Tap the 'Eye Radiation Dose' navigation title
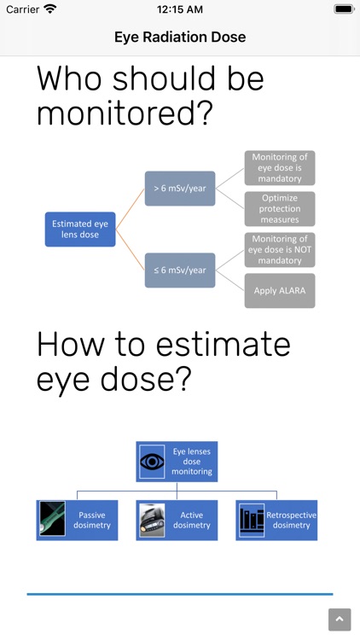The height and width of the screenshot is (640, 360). click(x=180, y=37)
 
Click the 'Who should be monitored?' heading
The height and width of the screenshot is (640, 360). click(x=150, y=96)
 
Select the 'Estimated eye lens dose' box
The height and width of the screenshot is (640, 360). click(x=80, y=229)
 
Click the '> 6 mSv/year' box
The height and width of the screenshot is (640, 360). click(x=180, y=188)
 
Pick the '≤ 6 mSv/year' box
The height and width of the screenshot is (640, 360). click(x=180, y=270)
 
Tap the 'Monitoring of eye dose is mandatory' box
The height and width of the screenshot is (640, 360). click(x=280, y=168)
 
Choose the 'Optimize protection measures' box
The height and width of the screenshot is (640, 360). click(x=280, y=208)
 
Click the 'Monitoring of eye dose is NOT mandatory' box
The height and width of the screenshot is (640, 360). click(x=280, y=249)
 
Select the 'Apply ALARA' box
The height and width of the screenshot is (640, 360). click(x=280, y=290)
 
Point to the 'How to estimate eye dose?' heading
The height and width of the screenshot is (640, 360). click(x=163, y=362)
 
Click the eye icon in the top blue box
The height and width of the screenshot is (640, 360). click(x=152, y=462)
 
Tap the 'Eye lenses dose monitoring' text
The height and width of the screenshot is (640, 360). click(x=191, y=462)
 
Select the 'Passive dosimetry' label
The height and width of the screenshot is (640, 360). click(x=94, y=520)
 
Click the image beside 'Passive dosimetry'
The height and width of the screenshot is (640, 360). click(x=51, y=520)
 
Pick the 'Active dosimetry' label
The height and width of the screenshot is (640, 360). click(x=191, y=520)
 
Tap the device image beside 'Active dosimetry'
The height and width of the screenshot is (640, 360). click(x=152, y=520)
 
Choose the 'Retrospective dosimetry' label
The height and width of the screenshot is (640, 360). click(x=291, y=520)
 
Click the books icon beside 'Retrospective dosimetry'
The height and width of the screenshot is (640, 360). click(x=252, y=520)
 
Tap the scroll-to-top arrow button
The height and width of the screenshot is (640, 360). click(x=340, y=620)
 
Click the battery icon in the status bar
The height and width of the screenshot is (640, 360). click(x=343, y=9)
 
